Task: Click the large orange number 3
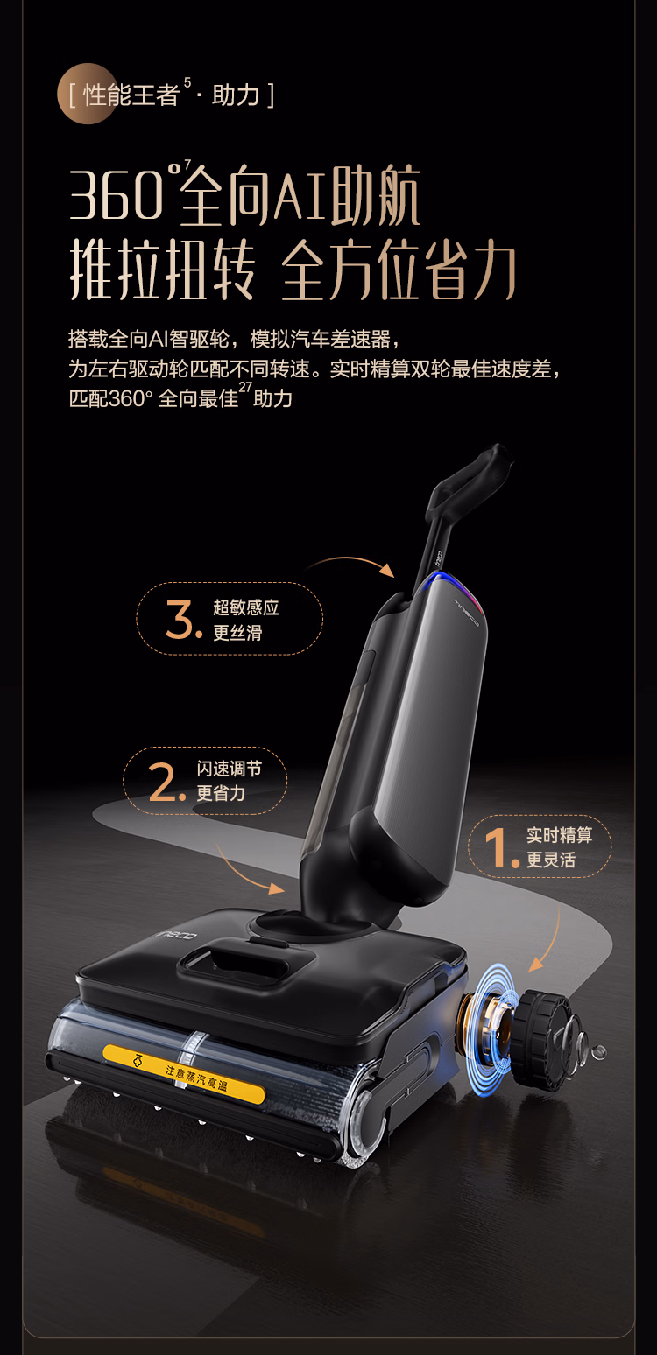pyautogui.click(x=180, y=620)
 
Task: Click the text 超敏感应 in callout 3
pyautogui.click(x=246, y=607)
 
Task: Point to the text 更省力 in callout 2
pyautogui.click(x=221, y=793)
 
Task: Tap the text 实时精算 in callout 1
pyautogui.click(x=559, y=835)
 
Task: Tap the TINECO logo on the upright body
pyautogui.click(x=467, y=612)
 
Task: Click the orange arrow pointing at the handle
pyautogui.click(x=352, y=561)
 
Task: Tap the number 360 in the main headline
pyautogui.click(x=117, y=195)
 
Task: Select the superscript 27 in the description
pyautogui.click(x=245, y=387)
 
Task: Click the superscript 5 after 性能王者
pyautogui.click(x=187, y=82)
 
